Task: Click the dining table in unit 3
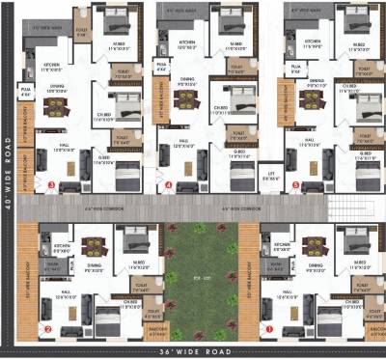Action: tap(54, 99)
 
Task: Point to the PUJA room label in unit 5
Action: tap(295, 69)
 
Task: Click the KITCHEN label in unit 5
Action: tap(311, 43)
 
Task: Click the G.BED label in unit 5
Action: tap(365, 152)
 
